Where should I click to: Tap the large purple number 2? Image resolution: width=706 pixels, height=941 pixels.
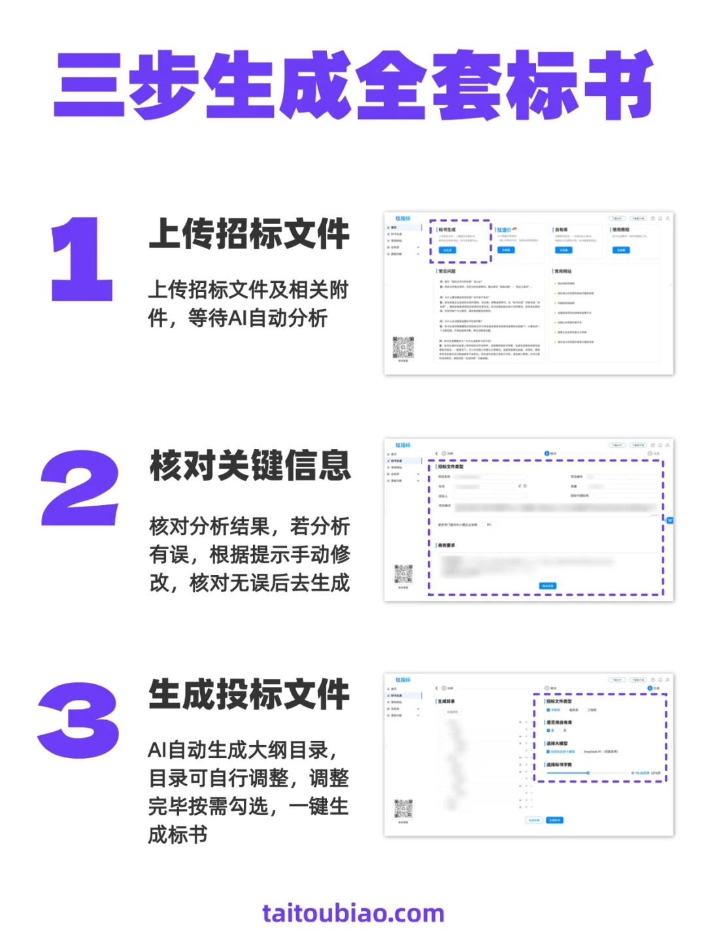pos(80,488)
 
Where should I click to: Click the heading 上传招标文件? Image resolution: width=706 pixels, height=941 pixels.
pos(249,234)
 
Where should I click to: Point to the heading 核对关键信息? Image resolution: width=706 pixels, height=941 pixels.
pos(250,465)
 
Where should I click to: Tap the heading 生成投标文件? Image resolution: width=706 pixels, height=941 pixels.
pos(249,694)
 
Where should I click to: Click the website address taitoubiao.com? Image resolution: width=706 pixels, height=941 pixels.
pos(353,913)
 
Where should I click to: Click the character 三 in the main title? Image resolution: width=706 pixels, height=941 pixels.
pos(90,85)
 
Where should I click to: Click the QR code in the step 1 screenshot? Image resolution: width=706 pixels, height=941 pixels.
pos(403,347)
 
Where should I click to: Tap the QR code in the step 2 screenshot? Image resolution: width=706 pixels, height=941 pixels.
pos(403,574)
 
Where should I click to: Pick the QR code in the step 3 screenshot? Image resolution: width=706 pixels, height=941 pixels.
pos(403,809)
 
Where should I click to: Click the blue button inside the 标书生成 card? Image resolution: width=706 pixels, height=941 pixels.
pos(447,250)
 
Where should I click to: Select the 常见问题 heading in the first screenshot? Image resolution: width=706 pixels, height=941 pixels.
pos(447,271)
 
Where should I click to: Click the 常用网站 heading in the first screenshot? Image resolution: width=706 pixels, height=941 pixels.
pos(563,271)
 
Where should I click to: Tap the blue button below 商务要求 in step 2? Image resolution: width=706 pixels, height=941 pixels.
pos(548,586)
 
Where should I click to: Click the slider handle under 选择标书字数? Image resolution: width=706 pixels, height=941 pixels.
pos(588,773)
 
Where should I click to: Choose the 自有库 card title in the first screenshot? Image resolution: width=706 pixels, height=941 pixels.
pos(562,230)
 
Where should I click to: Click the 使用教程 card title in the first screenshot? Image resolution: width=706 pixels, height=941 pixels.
pos(620,230)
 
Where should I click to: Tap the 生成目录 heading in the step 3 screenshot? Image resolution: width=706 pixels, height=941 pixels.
pos(446,701)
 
